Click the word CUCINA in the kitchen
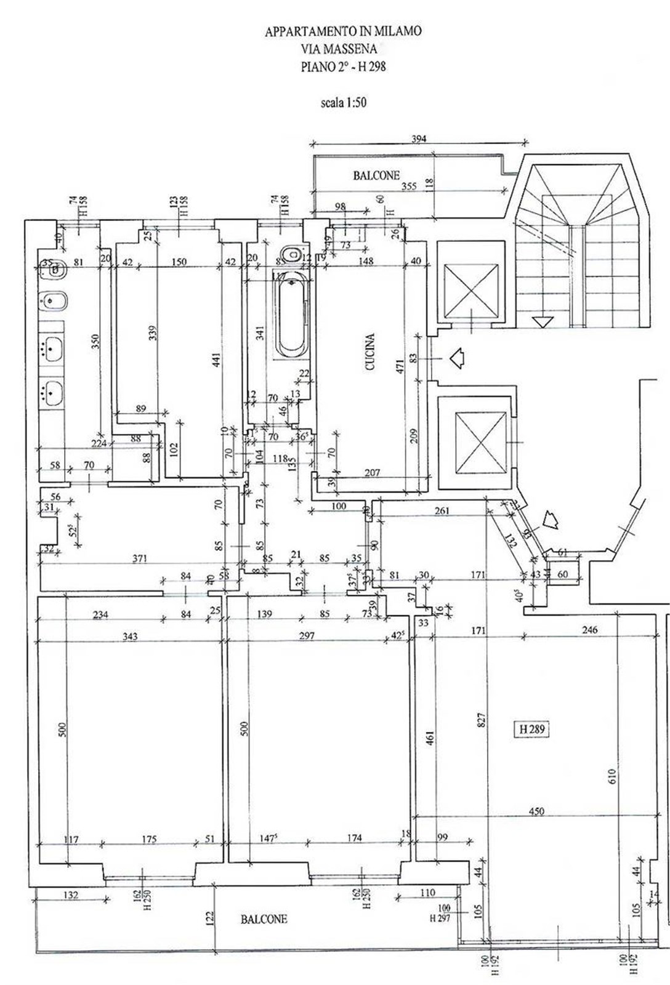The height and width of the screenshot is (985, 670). tap(370, 352)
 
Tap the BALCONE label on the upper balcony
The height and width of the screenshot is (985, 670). tap(376, 175)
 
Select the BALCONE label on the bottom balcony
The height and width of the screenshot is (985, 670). tap(264, 919)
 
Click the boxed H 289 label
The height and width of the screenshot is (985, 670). tap(531, 730)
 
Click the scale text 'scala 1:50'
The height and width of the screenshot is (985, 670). tap(343, 103)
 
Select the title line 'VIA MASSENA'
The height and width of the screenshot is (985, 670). tap(344, 49)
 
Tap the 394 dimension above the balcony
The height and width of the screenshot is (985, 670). tap(419, 139)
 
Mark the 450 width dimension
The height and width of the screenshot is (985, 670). tap(536, 811)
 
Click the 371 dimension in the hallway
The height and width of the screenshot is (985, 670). tap(140, 558)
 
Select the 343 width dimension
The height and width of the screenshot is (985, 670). tap(129, 636)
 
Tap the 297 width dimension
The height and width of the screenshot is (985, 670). tap(306, 636)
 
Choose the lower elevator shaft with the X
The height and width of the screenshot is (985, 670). tap(480, 443)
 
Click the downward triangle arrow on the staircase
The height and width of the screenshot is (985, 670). tap(543, 322)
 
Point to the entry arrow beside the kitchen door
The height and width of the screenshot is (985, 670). tap(456, 358)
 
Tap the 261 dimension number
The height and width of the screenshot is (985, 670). tap(442, 510)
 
